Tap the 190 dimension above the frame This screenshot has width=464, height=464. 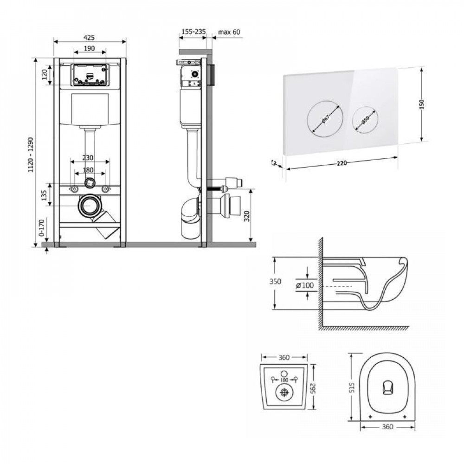(90, 48)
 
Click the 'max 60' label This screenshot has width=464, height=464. (229, 32)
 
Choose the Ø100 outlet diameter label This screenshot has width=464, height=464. (304, 285)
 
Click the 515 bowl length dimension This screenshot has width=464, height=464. (352, 386)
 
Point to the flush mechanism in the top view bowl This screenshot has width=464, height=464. (387, 387)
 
